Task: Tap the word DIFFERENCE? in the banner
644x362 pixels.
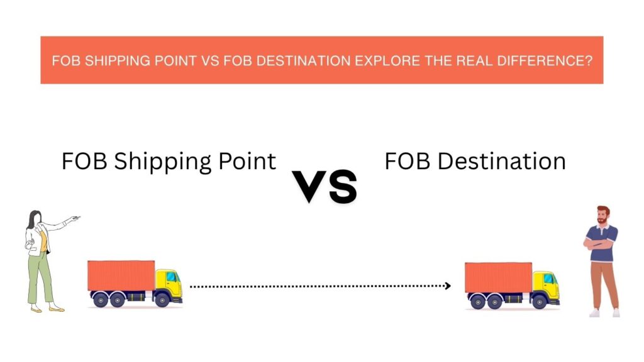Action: pos(545,61)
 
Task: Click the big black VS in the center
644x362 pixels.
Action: pos(325,187)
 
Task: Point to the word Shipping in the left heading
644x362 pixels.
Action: pos(163,162)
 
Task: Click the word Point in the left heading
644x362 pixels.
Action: pos(247,161)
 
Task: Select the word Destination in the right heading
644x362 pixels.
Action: pos(501,161)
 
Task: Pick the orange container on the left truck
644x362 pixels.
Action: pos(121,275)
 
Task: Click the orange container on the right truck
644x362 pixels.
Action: pos(498,277)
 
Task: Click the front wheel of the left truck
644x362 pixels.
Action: pos(162,300)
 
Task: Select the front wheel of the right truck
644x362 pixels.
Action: pos(539,302)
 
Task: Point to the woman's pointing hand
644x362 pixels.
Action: pos(74,218)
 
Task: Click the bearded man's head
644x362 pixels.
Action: pos(603,215)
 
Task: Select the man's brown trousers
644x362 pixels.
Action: pos(604,285)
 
